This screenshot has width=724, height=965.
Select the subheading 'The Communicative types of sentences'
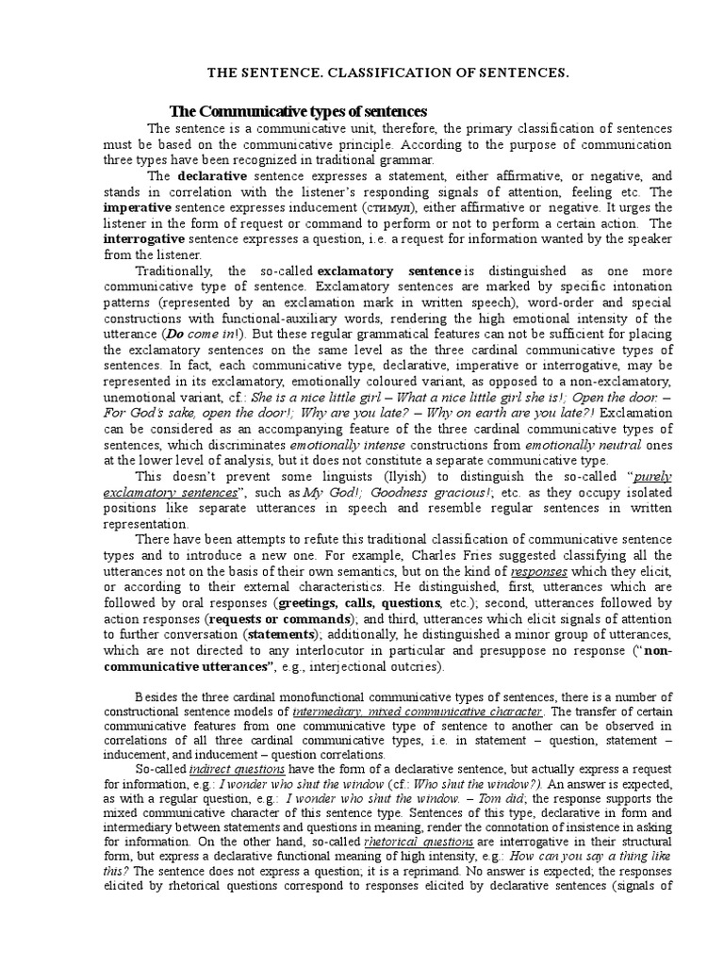(298, 112)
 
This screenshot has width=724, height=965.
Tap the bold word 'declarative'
(210, 175)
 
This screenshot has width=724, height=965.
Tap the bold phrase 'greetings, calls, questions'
(359, 601)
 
